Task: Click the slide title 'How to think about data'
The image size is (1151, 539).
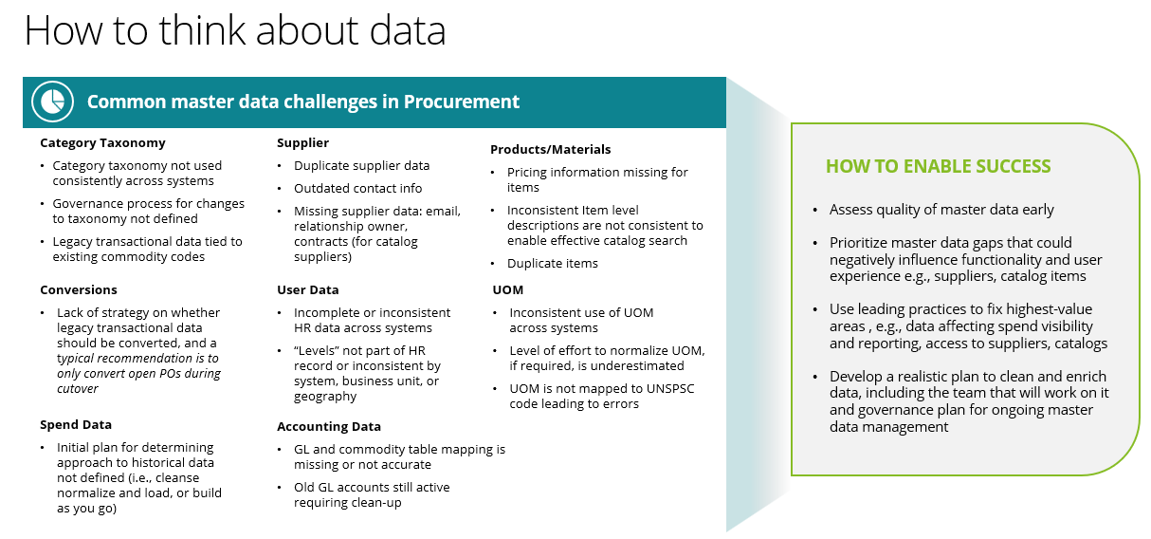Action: (235, 31)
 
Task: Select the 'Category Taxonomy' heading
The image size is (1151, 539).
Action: (102, 142)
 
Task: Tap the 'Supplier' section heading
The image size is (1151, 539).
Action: (302, 142)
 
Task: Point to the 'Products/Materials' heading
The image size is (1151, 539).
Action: (550, 149)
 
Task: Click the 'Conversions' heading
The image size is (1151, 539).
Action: (79, 289)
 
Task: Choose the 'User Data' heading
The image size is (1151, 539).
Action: (307, 289)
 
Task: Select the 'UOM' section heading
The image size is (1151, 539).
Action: (507, 289)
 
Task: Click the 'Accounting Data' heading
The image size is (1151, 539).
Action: (328, 426)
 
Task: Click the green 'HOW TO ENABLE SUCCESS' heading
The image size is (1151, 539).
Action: (938, 166)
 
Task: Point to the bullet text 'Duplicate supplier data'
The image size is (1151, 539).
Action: (361, 165)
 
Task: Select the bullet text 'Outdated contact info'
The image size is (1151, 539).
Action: (357, 188)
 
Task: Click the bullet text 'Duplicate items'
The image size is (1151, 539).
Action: (552, 263)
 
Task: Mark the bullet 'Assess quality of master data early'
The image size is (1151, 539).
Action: (941, 210)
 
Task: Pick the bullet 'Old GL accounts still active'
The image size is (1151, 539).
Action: (371, 487)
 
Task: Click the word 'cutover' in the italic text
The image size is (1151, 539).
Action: (77, 388)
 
